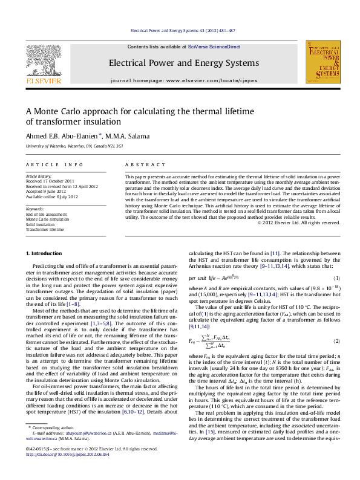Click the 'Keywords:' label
click(x=36, y=208)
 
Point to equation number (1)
click(x=337, y=294)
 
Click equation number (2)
click(x=337, y=342)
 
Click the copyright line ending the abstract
click(x=299, y=222)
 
